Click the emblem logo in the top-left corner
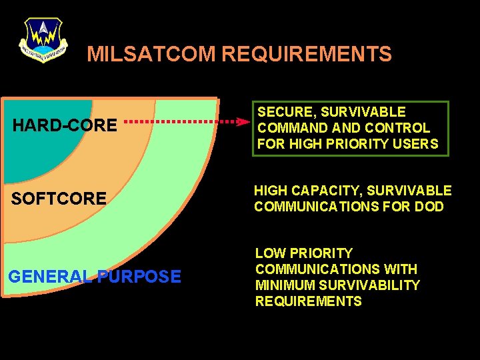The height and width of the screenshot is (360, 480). (43, 39)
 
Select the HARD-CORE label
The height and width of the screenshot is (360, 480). (65, 125)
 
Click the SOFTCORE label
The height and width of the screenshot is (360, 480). (59, 199)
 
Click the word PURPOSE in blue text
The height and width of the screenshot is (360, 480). (139, 277)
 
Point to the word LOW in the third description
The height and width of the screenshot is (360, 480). (269, 253)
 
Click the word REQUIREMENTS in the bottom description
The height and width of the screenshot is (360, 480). (308, 301)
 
